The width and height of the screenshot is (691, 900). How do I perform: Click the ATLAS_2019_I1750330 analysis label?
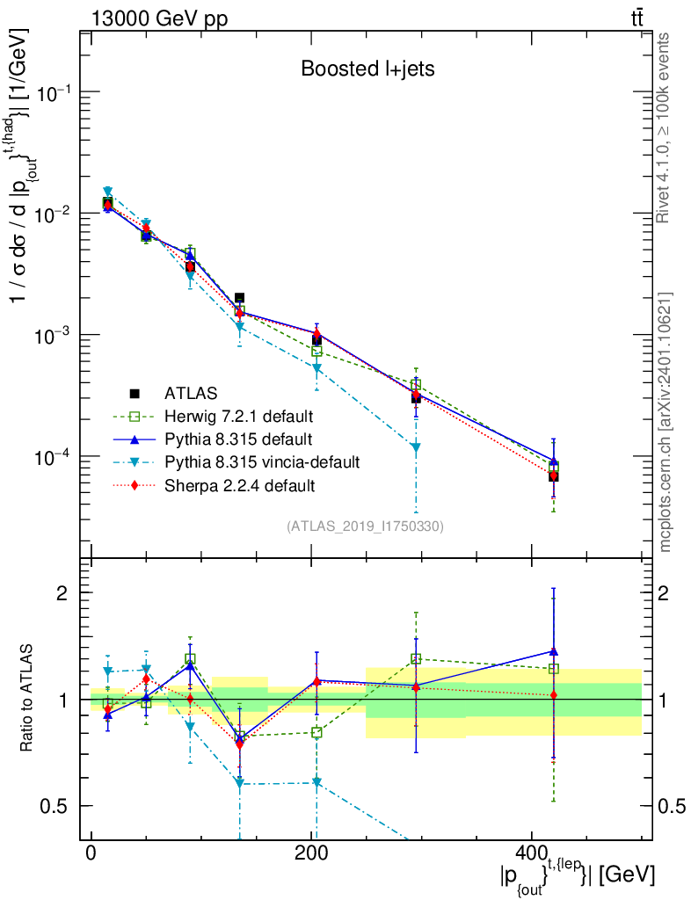[365, 526]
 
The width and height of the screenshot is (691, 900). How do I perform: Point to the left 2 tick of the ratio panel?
[65, 592]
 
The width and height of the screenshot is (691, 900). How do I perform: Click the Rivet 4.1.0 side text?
[665, 127]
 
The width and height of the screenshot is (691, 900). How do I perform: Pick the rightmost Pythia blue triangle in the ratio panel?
[553, 651]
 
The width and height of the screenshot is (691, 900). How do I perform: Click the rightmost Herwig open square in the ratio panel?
[553, 669]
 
